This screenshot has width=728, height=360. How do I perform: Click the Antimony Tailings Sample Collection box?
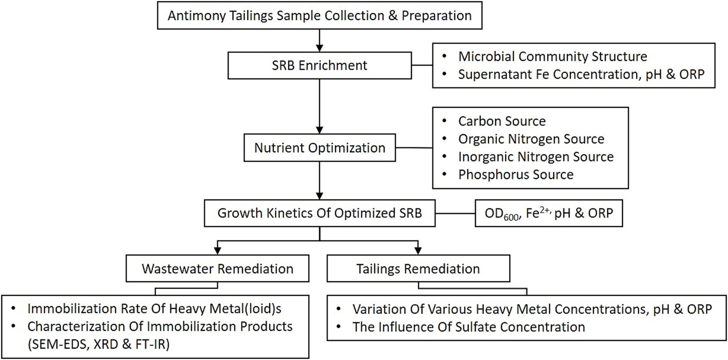(320, 16)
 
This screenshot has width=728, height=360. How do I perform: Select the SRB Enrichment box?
(320, 66)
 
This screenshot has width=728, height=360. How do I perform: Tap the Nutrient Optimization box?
(320, 148)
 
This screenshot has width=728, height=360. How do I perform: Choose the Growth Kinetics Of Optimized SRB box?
(320, 213)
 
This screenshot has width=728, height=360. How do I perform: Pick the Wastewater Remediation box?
(217, 268)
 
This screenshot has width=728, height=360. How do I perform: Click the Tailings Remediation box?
(418, 268)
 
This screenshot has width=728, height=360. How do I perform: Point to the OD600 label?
(501, 214)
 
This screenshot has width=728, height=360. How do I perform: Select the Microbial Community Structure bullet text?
(552, 57)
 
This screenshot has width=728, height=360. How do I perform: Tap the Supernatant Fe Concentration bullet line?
(581, 74)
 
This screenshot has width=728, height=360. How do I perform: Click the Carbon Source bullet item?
(502, 121)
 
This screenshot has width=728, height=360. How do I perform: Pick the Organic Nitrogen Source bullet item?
(531, 139)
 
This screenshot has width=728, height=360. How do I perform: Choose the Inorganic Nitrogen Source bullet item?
(536, 157)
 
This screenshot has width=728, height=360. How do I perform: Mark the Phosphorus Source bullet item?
(515, 175)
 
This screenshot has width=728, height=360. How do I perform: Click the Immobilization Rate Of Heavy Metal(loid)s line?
(154, 309)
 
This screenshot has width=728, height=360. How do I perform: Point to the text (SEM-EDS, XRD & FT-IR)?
(99, 344)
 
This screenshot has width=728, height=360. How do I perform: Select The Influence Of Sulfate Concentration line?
(468, 327)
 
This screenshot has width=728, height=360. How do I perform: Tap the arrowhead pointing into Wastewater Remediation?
(217, 250)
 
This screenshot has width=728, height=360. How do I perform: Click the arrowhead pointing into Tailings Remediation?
(418, 250)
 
